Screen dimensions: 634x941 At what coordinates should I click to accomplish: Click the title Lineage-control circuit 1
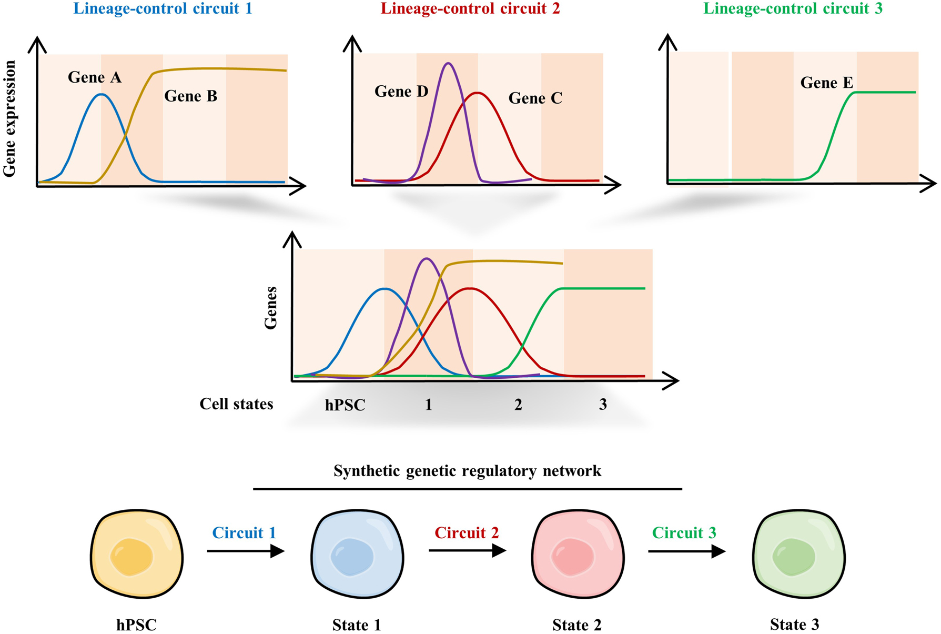[x=163, y=9]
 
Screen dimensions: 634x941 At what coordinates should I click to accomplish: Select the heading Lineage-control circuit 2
[x=470, y=9]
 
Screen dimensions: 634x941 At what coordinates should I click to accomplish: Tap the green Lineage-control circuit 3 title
[x=793, y=9]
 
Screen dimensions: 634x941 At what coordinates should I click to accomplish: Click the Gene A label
[x=95, y=78]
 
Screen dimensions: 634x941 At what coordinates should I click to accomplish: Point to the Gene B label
[x=190, y=96]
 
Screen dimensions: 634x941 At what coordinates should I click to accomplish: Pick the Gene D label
[x=401, y=92]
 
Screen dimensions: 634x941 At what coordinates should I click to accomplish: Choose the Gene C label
[x=535, y=98]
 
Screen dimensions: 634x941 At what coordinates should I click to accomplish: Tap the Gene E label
[x=826, y=83]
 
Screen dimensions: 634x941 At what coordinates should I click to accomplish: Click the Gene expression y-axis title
[x=9, y=118]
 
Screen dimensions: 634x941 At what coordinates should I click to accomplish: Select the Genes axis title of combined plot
[x=270, y=308]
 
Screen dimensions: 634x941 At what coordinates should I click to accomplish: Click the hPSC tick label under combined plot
[x=345, y=405]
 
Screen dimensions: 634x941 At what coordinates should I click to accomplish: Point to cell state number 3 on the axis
[x=603, y=404]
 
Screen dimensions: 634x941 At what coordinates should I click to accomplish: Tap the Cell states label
[x=236, y=404]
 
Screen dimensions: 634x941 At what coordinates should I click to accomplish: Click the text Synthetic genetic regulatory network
[x=467, y=470]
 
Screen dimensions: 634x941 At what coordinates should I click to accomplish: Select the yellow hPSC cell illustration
[x=136, y=554]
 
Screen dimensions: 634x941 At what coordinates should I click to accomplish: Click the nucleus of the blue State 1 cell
[x=352, y=556]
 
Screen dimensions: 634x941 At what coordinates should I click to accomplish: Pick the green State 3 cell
[x=798, y=554]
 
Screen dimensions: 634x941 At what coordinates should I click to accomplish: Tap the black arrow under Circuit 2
[x=467, y=550]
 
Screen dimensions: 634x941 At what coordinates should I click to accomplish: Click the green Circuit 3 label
[x=684, y=533]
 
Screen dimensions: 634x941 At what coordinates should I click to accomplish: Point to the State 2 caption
[x=576, y=625]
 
